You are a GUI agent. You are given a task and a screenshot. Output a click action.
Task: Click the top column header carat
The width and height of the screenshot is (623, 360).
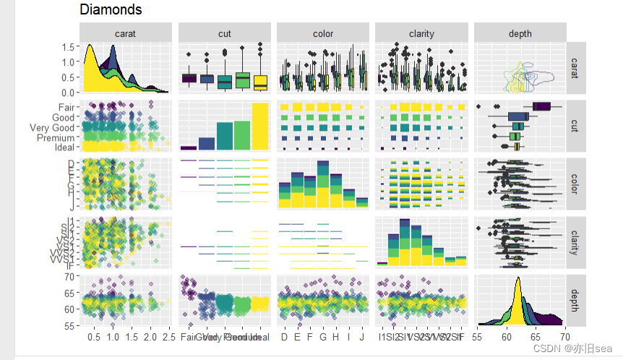click(x=126, y=33)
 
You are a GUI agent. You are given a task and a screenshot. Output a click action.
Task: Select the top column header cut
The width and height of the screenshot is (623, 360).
click(x=224, y=33)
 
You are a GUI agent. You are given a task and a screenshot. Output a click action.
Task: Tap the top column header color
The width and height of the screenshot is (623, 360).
click(x=323, y=33)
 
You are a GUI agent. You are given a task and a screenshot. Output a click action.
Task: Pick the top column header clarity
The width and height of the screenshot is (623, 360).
click(x=421, y=33)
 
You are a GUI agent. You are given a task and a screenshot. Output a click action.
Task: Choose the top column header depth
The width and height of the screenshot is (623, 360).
click(x=520, y=33)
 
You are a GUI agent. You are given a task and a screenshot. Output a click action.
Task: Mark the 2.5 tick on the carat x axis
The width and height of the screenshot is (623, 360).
click(x=169, y=337)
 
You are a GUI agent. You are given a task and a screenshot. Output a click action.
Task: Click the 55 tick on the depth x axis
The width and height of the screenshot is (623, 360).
click(x=478, y=337)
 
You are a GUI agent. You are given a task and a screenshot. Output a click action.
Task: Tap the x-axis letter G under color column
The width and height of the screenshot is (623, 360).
click(x=323, y=337)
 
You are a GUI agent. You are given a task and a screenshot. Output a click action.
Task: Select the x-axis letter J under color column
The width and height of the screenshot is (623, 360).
click(x=362, y=337)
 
